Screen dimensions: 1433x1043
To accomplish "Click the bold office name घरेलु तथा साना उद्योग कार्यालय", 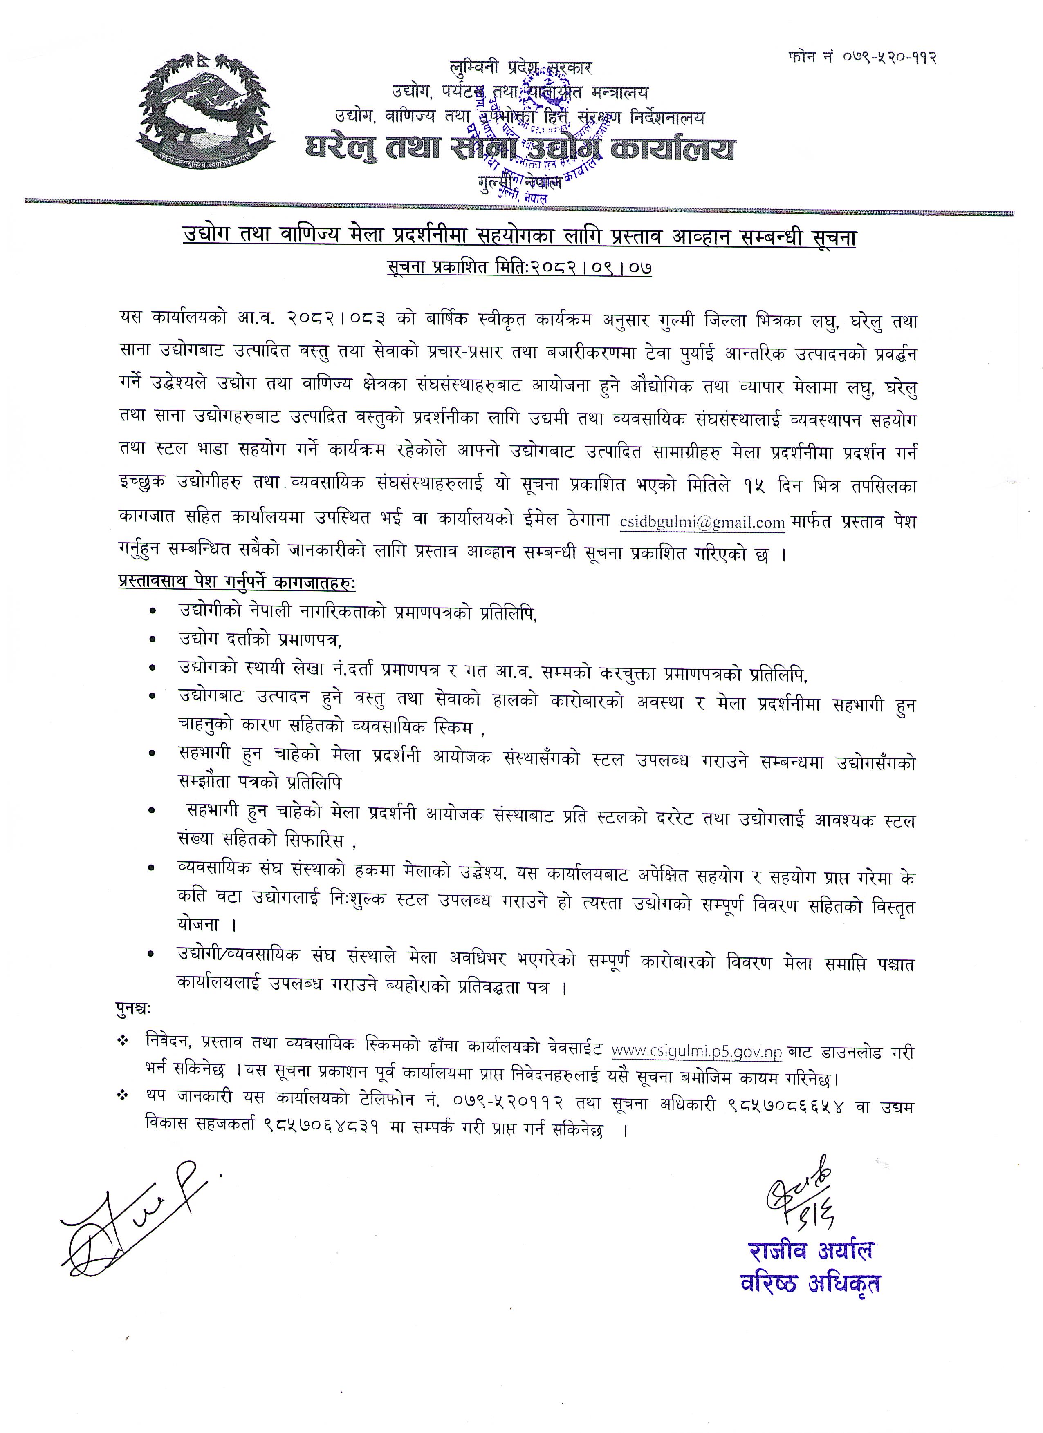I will (x=520, y=150).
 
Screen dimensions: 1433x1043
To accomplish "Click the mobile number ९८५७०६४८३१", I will (x=322, y=1129).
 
